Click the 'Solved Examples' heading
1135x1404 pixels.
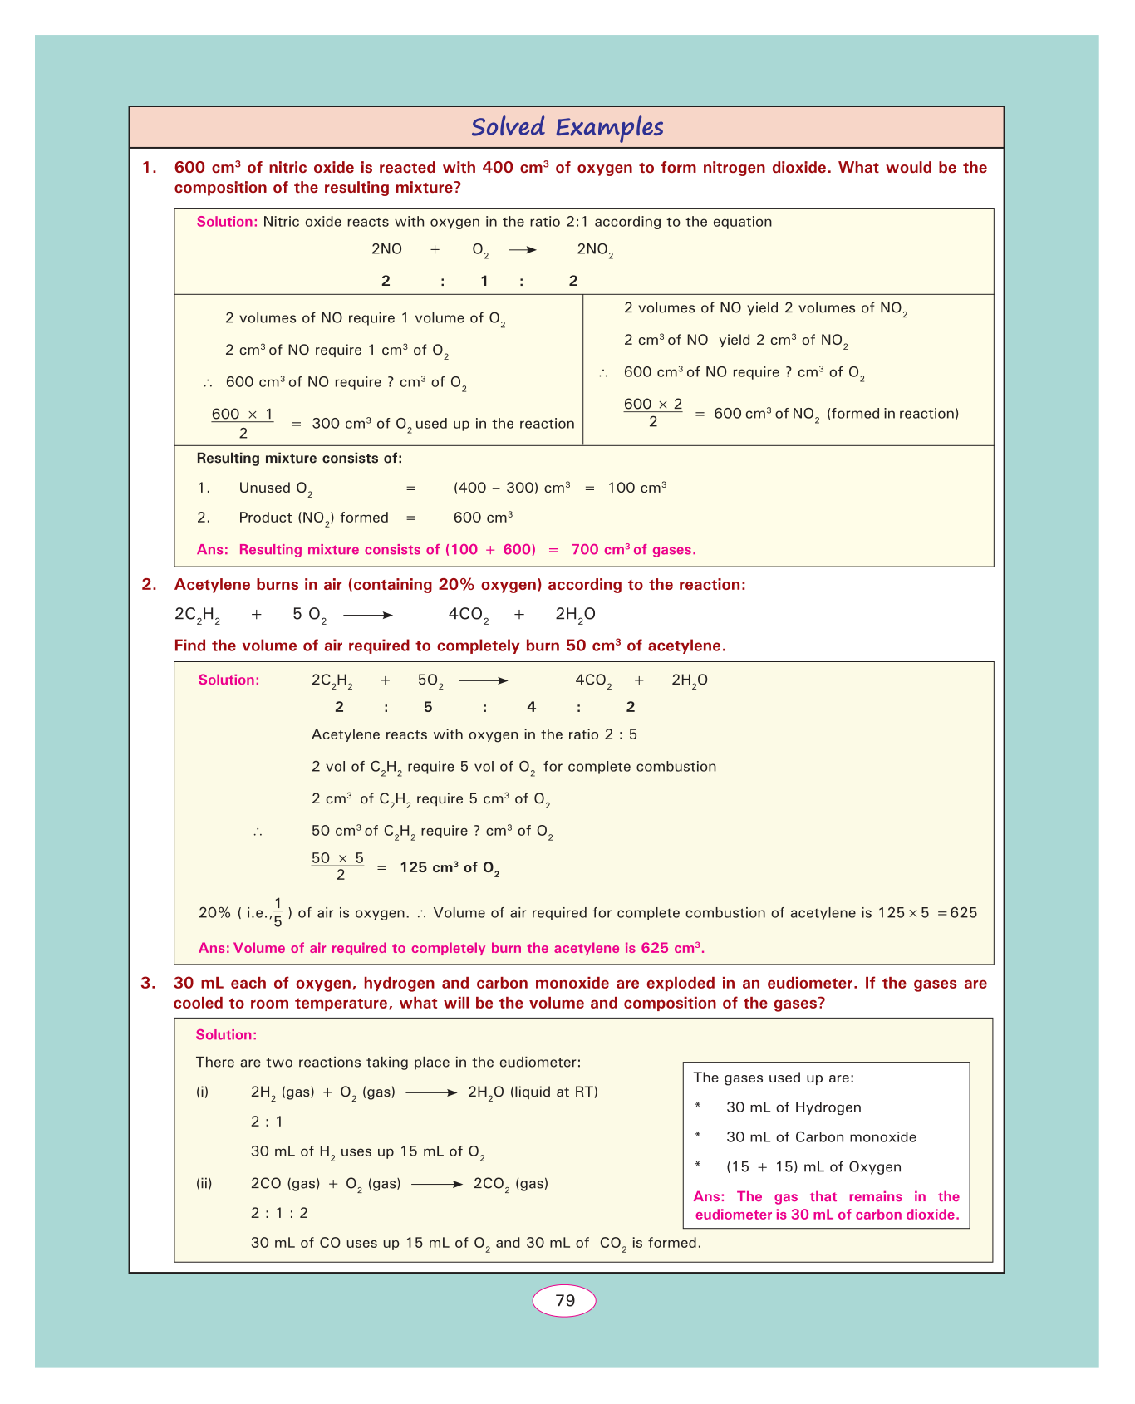tap(567, 127)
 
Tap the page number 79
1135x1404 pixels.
tap(565, 1300)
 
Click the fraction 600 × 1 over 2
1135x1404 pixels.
tap(243, 423)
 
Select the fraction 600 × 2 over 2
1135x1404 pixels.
tap(653, 413)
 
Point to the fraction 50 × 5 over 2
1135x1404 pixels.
tap(338, 866)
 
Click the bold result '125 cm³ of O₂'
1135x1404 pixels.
tap(450, 868)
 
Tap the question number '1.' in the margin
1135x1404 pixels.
tap(149, 168)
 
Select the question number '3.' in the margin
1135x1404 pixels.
tap(148, 984)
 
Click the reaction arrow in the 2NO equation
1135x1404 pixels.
tap(523, 249)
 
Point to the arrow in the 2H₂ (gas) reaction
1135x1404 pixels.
tap(431, 1092)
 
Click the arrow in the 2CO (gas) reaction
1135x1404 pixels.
tap(436, 1184)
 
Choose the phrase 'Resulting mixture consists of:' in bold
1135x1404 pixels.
tap(299, 458)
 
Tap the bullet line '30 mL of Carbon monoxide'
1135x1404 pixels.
tap(821, 1137)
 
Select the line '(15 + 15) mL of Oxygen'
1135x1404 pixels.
tap(813, 1167)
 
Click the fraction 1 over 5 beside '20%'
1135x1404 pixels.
tap(278, 912)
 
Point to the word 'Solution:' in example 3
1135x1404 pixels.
tap(226, 1035)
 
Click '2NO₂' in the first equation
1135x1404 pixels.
tap(595, 250)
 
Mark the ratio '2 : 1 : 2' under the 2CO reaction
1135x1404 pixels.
tap(279, 1213)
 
